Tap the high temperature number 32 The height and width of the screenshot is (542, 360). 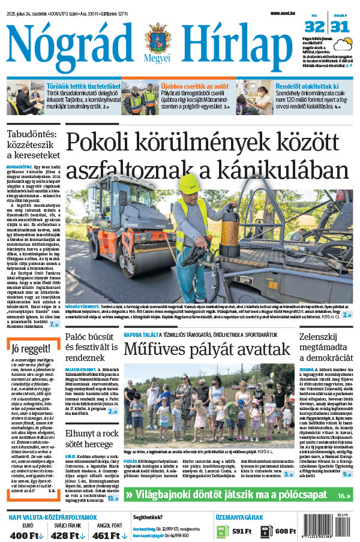[x=313, y=26]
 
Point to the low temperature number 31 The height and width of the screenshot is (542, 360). [x=340, y=26]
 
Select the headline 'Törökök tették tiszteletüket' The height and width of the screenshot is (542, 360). [x=83, y=86]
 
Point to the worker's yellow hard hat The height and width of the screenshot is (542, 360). [x=189, y=183]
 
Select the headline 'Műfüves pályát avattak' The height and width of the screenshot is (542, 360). [x=207, y=348]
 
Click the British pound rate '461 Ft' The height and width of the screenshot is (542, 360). [x=112, y=535]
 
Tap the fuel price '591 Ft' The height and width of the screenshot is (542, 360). [x=241, y=531]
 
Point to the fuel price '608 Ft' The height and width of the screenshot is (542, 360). [x=287, y=531]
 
